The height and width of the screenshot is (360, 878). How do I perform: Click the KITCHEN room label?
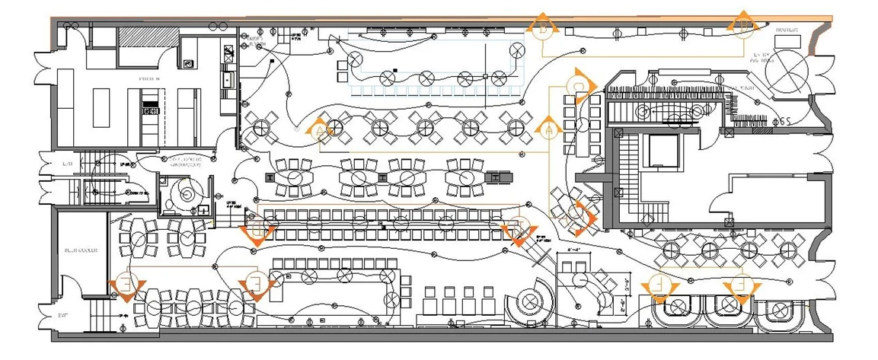[148, 79]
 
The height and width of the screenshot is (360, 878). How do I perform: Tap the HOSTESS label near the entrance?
[786, 30]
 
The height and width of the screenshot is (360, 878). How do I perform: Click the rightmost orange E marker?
[740, 288]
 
